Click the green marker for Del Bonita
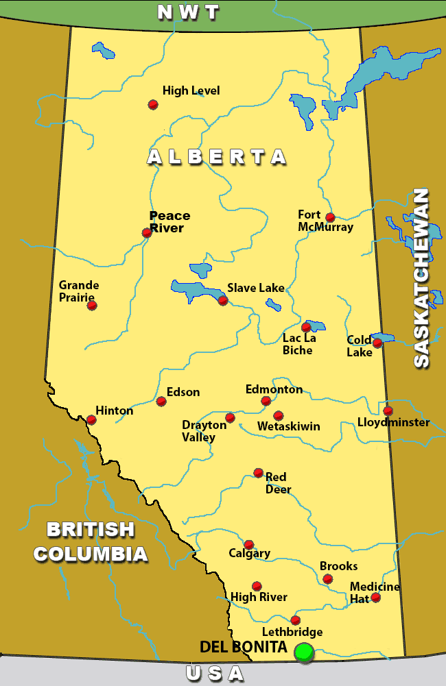[x=303, y=652]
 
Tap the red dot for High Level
[x=153, y=104]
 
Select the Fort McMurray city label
[x=325, y=221]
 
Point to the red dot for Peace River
[x=146, y=232]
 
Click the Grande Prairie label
[x=79, y=291]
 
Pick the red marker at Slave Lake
[x=222, y=300]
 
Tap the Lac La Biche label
[x=298, y=344]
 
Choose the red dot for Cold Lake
[x=377, y=343]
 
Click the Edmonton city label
[x=274, y=389]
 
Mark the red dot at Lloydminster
[x=388, y=411]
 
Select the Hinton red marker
[x=91, y=419]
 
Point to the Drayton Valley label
[x=204, y=431]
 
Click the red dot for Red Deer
[x=258, y=472]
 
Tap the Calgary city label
[x=250, y=553]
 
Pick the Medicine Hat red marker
[x=375, y=598]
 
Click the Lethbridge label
[x=292, y=632]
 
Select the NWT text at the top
[x=188, y=12]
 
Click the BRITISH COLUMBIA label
[x=91, y=541]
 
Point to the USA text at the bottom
[x=215, y=674]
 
